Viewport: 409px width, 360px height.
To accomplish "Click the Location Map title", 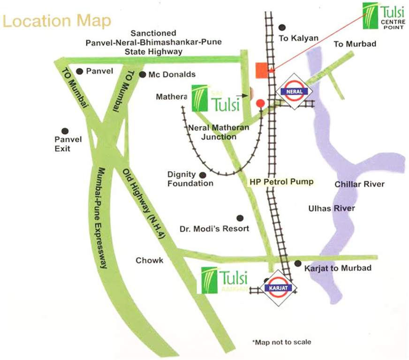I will pos(57,21).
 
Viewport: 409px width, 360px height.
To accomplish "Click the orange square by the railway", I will pos(261,70).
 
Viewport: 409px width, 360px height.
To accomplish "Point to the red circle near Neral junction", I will pos(261,102).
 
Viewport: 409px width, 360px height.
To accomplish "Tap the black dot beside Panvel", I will pos(80,71).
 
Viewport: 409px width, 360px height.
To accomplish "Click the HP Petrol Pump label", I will pos(281,181).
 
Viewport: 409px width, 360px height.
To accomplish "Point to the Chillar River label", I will pos(359,184).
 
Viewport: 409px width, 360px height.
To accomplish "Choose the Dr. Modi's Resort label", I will pos(214,229).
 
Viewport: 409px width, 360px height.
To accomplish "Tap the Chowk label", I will pos(150,260).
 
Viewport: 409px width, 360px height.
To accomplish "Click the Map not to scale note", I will pos(281,342).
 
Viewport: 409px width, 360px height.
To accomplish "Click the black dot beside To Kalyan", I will pos(282,27).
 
